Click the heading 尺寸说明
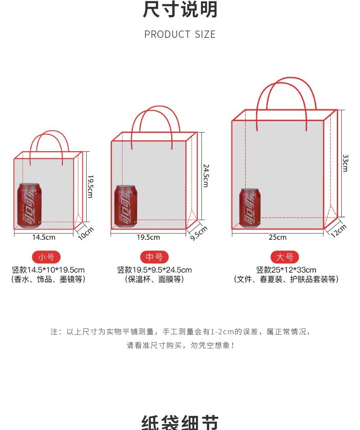click(x=180, y=10)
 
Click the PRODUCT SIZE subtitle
click(x=180, y=35)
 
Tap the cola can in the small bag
click(x=30, y=205)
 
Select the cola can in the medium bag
click(x=126, y=206)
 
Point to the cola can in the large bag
click(x=250, y=208)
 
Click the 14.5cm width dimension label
click(x=44, y=237)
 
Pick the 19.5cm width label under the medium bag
click(x=149, y=237)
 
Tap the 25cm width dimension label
click(x=278, y=237)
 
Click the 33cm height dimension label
click(x=345, y=163)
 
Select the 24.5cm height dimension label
click(x=206, y=176)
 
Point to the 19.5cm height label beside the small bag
click(x=90, y=186)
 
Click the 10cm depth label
click(x=86, y=233)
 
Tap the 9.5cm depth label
click(x=199, y=233)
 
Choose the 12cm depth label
click(x=339, y=230)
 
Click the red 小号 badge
click(x=46, y=257)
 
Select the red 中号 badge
click(x=154, y=257)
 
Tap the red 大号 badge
click(x=284, y=257)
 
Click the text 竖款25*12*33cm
click(x=286, y=270)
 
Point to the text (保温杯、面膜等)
click(x=154, y=279)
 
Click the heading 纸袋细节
click(x=180, y=423)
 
